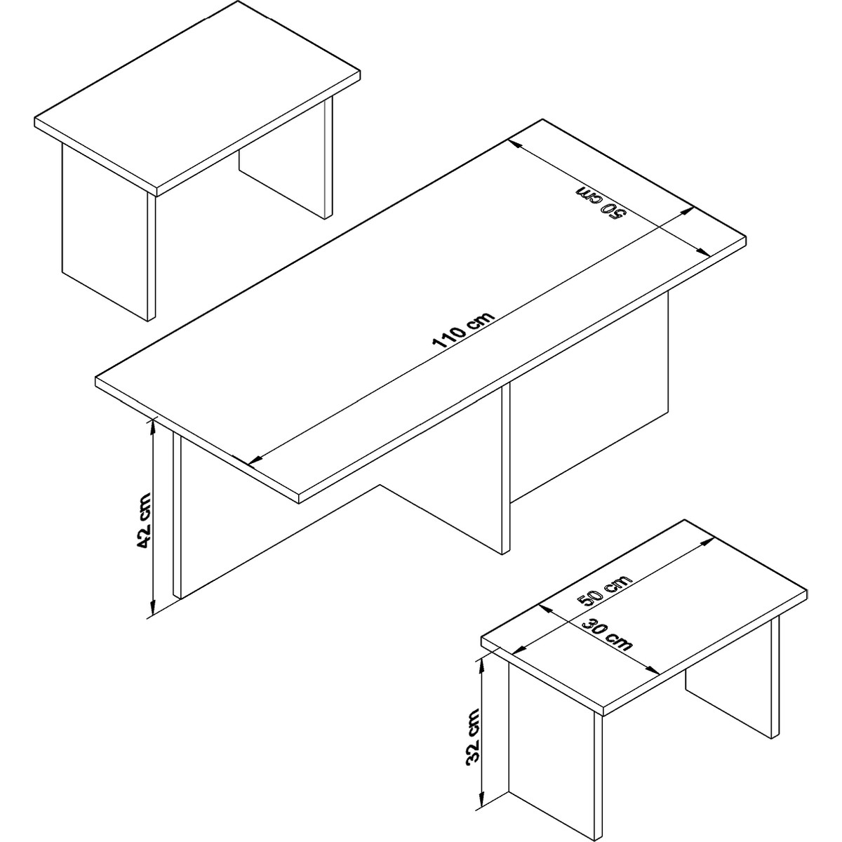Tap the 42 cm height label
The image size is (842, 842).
click(x=143, y=520)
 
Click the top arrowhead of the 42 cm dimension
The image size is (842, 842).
click(x=152, y=427)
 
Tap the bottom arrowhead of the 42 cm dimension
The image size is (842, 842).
click(x=152, y=608)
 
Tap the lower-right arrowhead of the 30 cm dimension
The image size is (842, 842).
click(x=652, y=682)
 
